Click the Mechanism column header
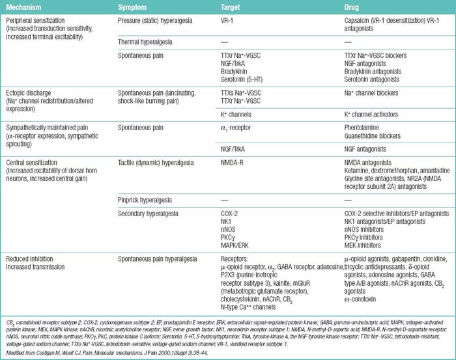(x=23, y=7)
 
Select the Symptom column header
(x=134, y=7)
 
